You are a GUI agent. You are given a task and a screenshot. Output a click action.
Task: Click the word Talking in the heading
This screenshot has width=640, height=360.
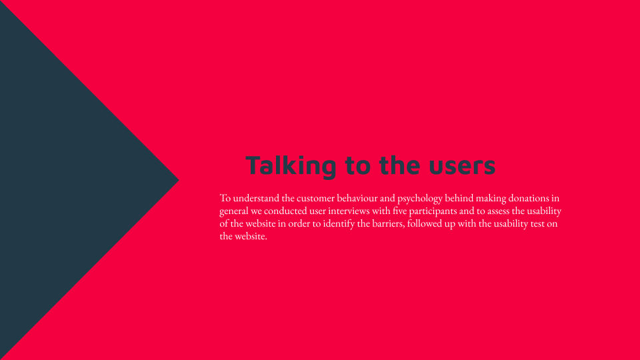pos(291,166)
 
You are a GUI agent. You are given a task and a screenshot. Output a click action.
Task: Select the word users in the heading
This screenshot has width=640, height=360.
pos(462,166)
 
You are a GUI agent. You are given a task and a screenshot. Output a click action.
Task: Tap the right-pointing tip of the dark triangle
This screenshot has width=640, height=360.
pos(179,179)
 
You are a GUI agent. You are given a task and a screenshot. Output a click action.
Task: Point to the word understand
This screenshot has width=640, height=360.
pos(256,198)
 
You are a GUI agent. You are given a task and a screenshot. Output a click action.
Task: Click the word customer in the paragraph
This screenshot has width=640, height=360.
pos(315,198)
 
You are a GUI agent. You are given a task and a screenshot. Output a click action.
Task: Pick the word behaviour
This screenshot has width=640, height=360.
pos(357,198)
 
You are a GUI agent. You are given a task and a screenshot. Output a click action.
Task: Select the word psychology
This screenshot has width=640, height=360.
pos(419,199)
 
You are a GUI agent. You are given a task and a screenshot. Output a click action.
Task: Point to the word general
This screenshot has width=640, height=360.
pos(234,211)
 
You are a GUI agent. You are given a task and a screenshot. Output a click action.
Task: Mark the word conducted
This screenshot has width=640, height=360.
pos(285,211)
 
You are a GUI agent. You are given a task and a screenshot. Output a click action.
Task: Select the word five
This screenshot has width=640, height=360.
pos(399,211)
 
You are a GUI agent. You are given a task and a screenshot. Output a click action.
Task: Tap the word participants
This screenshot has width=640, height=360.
pos(433,211)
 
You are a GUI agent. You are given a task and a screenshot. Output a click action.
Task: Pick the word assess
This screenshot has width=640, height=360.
pos(499,211)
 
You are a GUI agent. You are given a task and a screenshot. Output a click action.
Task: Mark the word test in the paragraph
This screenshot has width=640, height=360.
pos(537,224)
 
